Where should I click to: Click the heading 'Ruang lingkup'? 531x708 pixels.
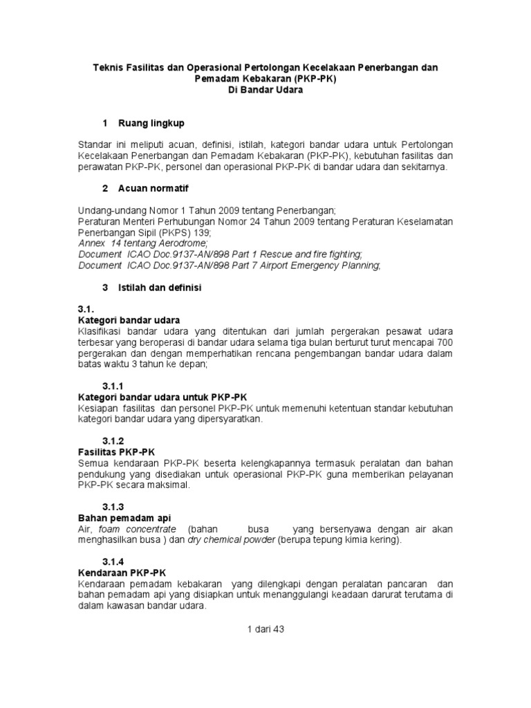coord(151,123)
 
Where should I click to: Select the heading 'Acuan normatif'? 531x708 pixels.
coord(153,188)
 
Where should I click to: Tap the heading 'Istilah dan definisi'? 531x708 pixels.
coord(160,286)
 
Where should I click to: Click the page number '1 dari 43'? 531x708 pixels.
coord(265,629)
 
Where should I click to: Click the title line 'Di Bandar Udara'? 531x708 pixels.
coord(265,90)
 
